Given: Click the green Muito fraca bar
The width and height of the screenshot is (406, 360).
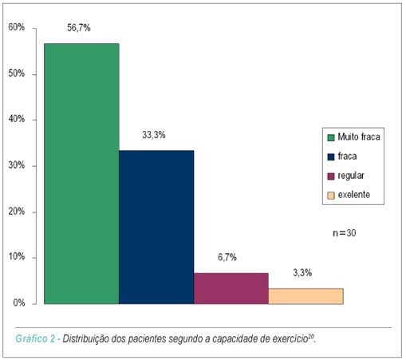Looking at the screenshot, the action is coord(81,173).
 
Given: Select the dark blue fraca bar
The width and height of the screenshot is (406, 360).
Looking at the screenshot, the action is coord(156,227).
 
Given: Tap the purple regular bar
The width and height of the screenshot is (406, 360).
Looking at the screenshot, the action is coord(231,288).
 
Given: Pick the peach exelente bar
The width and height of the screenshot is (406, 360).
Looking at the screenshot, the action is coord(305,296).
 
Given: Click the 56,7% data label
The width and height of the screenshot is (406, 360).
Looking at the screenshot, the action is coord(79,28).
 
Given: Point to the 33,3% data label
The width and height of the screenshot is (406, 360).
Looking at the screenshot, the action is coord(154,135).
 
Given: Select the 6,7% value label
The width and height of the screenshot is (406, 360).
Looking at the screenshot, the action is coord(227,257).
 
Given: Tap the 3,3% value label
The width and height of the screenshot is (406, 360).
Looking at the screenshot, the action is coord(302,273).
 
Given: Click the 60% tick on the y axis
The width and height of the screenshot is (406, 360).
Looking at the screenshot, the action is coord(17,27).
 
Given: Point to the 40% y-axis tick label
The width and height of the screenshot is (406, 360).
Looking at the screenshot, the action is coord(17,119).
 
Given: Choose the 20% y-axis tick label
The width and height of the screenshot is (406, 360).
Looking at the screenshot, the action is coord(17,212).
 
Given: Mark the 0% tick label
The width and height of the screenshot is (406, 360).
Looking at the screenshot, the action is coord(19,303).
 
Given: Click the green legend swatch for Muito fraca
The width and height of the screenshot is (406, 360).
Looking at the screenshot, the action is coord(331,137).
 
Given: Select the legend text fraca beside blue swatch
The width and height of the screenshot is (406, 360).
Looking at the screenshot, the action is coord(347,156).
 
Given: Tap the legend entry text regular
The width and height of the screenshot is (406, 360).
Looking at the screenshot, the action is coord(351,176).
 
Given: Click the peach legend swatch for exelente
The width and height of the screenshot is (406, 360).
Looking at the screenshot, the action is coord(331,196).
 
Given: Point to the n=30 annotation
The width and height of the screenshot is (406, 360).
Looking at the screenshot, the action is coord(345,233).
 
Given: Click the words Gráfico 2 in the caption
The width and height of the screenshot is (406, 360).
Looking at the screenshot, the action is coord(35,338).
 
